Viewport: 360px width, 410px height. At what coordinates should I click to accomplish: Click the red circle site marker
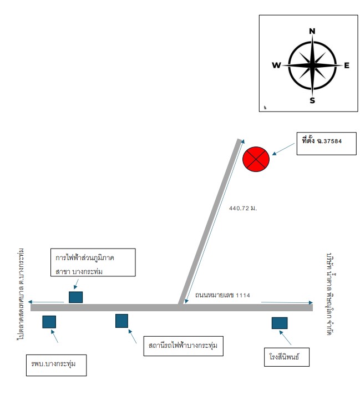coord(256,159)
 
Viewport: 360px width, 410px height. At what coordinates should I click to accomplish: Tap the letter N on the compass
coord(312,31)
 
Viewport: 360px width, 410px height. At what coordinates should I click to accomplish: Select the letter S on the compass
coord(312,100)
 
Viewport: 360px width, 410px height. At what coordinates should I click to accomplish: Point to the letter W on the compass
coord(276,65)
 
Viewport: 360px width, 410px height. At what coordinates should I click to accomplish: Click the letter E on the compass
coord(347,65)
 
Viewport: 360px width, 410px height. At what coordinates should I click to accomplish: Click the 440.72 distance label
coord(243,209)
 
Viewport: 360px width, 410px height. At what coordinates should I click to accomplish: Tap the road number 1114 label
coord(222,295)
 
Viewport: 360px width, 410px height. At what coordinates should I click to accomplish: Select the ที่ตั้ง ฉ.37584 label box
coord(326,144)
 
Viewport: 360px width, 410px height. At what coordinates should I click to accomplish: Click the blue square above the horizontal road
coord(76,297)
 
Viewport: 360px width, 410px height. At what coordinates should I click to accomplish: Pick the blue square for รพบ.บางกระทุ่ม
coord(49,322)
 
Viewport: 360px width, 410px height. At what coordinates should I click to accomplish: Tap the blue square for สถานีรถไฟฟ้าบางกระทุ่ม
coord(122,321)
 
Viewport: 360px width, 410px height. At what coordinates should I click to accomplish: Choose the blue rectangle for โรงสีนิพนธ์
coord(280,323)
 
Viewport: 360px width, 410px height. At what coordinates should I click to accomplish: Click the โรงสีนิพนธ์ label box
coord(287,357)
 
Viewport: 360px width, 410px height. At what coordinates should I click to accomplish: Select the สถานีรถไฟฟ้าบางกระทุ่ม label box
coord(183,346)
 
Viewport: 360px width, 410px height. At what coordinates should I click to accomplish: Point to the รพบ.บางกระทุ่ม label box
coord(56,365)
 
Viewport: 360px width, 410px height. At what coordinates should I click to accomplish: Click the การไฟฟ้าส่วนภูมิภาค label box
coord(93,262)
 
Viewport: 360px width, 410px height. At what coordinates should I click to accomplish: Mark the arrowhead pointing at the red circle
coord(274,154)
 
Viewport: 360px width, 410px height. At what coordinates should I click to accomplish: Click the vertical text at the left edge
coord(21,294)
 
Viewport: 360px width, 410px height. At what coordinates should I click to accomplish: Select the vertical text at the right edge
coord(331,294)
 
